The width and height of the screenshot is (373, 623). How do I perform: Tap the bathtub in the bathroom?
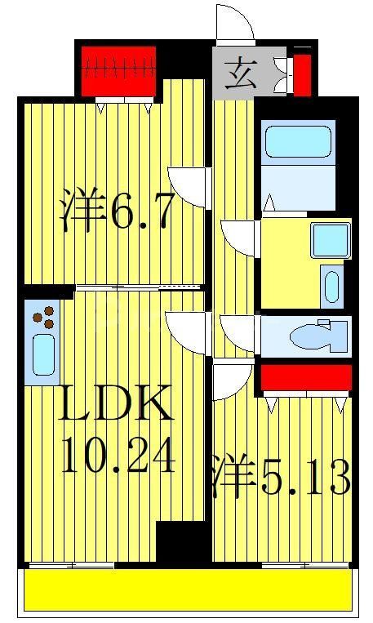[x=298, y=140]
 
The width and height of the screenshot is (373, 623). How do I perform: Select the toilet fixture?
[x=319, y=335]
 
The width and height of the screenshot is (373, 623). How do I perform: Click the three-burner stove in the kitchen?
[x=45, y=316]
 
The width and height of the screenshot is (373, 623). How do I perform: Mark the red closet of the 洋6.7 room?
[x=119, y=69]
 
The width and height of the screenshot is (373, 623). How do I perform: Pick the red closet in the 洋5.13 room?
[x=305, y=377]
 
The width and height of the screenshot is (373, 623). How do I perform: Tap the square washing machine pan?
[x=331, y=239]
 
